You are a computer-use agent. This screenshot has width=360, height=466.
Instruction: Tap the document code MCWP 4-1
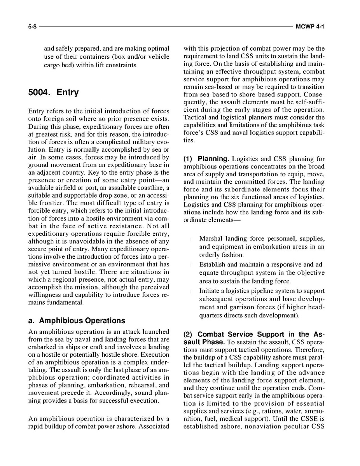(310, 27)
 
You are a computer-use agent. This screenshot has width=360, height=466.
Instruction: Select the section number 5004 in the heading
(40, 93)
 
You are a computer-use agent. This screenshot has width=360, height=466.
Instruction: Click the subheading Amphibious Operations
(82, 321)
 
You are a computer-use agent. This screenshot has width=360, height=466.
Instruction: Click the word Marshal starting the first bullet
(211, 238)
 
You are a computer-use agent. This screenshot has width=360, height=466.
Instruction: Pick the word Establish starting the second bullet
(212, 265)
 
